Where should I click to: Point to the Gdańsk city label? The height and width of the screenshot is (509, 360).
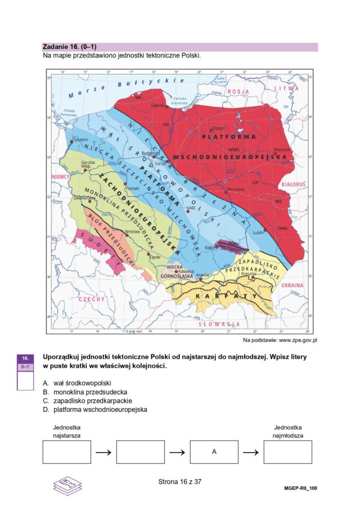coord(158,105)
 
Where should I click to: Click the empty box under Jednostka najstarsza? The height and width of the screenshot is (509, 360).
coord(67,452)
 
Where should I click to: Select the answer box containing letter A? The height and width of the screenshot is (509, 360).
coord(214,452)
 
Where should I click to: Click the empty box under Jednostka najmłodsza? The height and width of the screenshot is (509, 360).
coord(287,452)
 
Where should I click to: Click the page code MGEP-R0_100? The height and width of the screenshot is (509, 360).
coord(300,488)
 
